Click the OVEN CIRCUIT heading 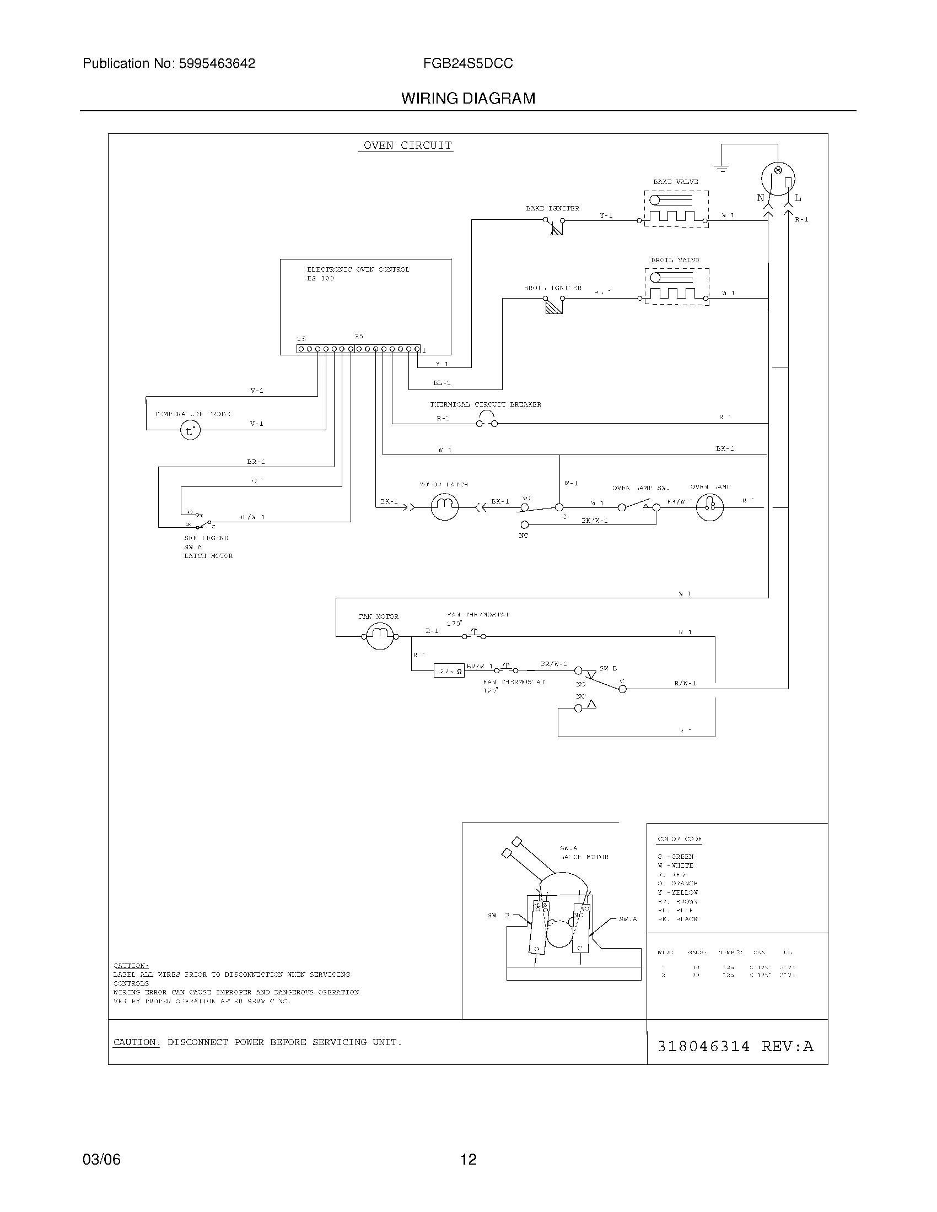[x=407, y=145]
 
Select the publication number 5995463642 [x=217, y=64]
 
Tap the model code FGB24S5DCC [x=467, y=64]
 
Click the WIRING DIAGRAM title [x=468, y=99]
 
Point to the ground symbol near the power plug [x=721, y=168]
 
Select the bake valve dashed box [x=676, y=209]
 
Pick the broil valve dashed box [x=677, y=286]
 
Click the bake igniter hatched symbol [x=556, y=229]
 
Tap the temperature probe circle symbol [x=190, y=431]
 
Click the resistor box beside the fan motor [x=449, y=671]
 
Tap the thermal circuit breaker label [x=485, y=404]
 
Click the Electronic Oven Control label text [x=358, y=270]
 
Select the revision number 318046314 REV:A [x=735, y=1046]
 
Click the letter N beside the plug [x=761, y=198]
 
